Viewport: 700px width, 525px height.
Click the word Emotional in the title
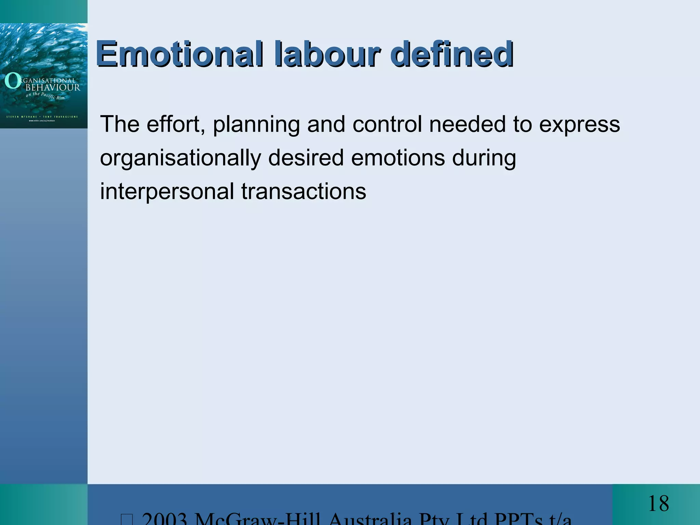click(180, 54)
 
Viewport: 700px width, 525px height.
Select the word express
click(579, 124)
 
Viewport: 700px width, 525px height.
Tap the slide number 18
click(658, 503)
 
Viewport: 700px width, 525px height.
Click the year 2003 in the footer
click(164, 520)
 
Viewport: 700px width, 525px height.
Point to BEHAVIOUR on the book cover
click(53, 87)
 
